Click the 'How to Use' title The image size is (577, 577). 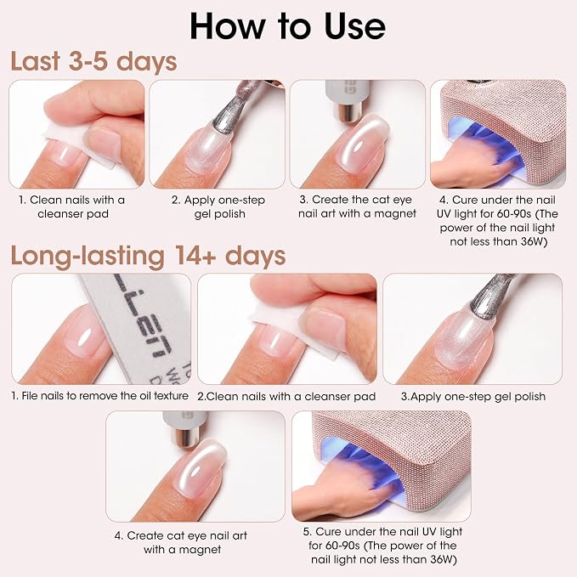tap(287, 25)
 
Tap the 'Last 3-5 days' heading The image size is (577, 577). tap(93, 61)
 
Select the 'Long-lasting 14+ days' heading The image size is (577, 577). tap(149, 256)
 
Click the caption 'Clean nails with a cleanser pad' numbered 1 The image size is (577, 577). tap(72, 206)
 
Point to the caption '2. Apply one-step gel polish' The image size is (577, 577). tap(218, 206)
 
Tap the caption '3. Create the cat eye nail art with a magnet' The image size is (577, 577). tap(357, 206)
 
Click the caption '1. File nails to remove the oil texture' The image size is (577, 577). tap(99, 396)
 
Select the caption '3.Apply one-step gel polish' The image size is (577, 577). tap(473, 396)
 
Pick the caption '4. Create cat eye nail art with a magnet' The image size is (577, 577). tap(181, 542)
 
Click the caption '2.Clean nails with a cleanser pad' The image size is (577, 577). tap(286, 396)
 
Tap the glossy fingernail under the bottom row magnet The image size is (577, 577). tap(201, 469)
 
